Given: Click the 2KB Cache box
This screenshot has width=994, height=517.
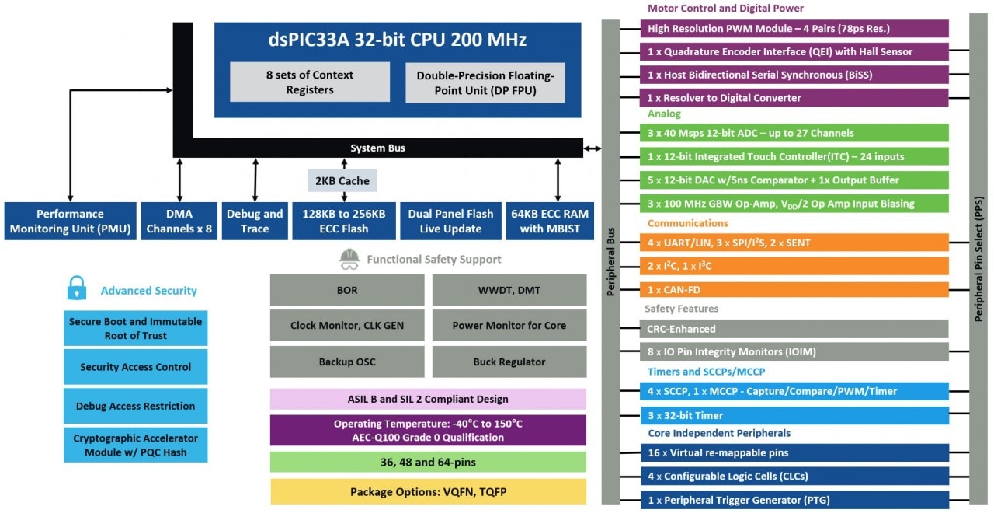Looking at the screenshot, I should click(x=342, y=181).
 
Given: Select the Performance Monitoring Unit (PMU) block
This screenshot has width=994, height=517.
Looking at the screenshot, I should click(x=69, y=221).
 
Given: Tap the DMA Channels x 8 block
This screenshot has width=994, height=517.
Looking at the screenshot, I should click(x=179, y=221).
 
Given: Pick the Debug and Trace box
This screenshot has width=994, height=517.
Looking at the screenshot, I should click(x=255, y=221).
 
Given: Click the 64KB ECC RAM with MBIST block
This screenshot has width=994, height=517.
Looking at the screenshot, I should click(x=549, y=221).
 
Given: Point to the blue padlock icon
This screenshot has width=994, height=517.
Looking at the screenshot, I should click(x=75, y=289).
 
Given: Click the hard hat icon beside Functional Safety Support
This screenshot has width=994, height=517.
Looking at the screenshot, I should click(x=349, y=259).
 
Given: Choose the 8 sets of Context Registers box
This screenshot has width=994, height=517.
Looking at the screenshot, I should click(x=309, y=82).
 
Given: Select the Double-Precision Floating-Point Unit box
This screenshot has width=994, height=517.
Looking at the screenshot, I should click(x=485, y=82).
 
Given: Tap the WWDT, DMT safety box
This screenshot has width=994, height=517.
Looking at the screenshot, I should click(x=509, y=290).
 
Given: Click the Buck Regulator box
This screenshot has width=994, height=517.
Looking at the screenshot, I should click(x=509, y=362).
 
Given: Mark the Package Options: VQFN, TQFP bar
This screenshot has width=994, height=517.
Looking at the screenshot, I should click(x=428, y=491).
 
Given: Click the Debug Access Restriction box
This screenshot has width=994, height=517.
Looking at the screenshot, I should click(x=135, y=406).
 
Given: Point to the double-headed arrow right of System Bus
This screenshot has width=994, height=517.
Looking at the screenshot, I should click(x=592, y=148).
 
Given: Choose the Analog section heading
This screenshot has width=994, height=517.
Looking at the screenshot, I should click(x=663, y=114).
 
